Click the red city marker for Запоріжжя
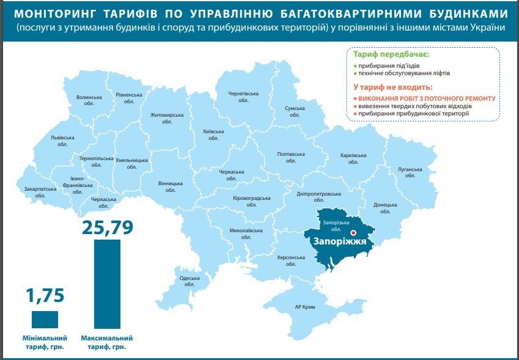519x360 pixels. click(x=353, y=233)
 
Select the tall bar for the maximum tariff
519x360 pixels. click(x=107, y=284)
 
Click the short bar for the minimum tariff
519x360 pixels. click(x=45, y=320)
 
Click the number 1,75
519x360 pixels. click(x=45, y=296)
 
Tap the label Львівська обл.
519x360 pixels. click(x=62, y=141)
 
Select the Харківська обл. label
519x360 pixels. click(x=353, y=159)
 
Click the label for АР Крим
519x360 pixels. click(x=304, y=307)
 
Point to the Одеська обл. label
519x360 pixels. click(x=190, y=281)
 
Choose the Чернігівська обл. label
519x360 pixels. click(x=243, y=97)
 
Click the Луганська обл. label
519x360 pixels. click(x=410, y=172)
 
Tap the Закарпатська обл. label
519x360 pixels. click(x=40, y=192)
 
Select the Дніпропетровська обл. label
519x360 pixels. click(x=318, y=197)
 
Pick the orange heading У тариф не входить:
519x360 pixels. click(x=392, y=87)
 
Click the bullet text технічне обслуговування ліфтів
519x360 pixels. click(x=404, y=73)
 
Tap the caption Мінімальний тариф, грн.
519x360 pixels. click(x=46, y=342)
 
